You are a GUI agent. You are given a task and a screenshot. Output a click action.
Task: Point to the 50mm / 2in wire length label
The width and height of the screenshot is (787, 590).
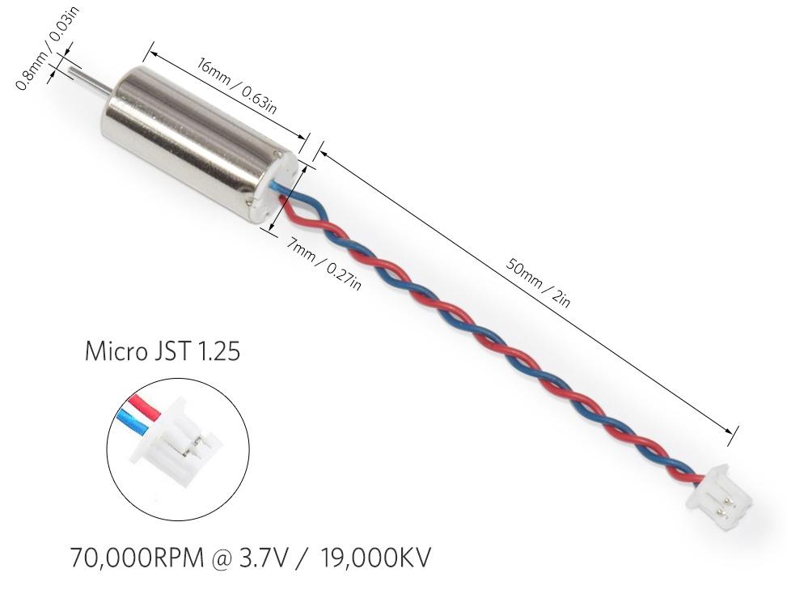pos(538,282)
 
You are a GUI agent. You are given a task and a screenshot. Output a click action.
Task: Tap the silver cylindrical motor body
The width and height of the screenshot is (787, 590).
pos(194,138)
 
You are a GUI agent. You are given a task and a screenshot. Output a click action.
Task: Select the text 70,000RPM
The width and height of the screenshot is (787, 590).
pos(142,558)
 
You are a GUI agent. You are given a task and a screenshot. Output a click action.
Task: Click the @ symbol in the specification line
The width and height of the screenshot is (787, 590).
pos(237,558)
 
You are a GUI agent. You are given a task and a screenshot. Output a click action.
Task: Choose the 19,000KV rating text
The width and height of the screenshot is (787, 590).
pos(375,558)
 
